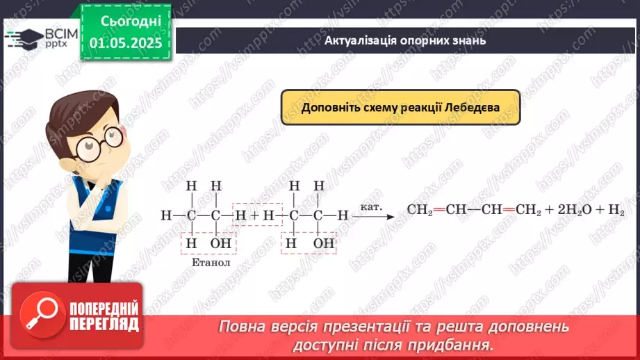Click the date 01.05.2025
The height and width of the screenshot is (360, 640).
(126, 43)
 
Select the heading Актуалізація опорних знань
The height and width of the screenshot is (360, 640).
(404, 40)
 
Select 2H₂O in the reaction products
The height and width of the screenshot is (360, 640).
(573, 211)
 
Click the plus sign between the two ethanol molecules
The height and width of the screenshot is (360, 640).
(254, 215)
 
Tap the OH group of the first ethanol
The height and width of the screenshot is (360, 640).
(221, 243)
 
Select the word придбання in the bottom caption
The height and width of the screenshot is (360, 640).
(458, 344)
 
